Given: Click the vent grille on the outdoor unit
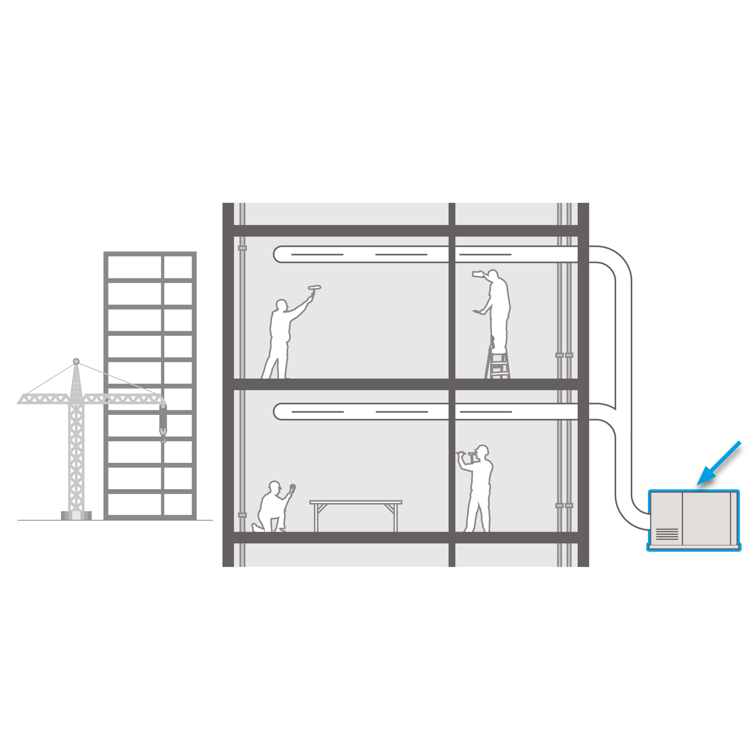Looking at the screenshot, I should [667, 534].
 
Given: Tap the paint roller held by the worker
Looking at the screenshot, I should [315, 288].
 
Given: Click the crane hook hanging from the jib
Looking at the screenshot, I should [163, 434].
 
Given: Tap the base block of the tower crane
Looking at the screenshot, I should [76, 515].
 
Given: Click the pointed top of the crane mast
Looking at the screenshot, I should [76, 361].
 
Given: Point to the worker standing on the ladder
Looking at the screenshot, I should [499, 311].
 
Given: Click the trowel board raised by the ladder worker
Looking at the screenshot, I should [477, 273].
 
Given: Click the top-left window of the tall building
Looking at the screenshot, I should [134, 267].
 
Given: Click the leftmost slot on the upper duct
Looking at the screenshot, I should [317, 254].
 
